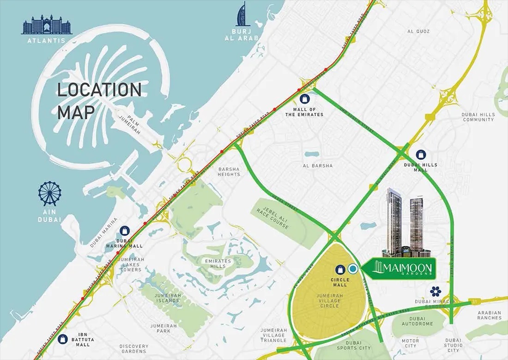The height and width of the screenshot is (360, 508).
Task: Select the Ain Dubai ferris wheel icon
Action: [50, 194]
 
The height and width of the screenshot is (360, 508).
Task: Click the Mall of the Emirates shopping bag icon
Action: [304, 98]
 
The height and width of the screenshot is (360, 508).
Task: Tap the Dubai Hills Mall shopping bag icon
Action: [421, 154]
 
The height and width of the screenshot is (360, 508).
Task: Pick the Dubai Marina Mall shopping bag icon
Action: [125, 231]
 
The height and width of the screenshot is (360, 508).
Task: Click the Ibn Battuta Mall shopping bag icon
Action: [63, 339]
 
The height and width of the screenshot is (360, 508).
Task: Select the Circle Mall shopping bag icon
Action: [340, 269]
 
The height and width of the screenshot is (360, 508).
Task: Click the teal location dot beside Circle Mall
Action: [353, 268]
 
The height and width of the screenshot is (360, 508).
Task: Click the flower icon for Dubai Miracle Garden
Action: [435, 291]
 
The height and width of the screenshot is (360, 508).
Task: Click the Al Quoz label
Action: [418, 31]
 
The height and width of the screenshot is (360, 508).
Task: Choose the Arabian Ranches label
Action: [490, 315]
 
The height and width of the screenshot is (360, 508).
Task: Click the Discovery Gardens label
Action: [134, 349]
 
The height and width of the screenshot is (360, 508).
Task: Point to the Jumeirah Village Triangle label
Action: [273, 335]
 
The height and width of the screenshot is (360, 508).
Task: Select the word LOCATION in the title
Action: [99, 90]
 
